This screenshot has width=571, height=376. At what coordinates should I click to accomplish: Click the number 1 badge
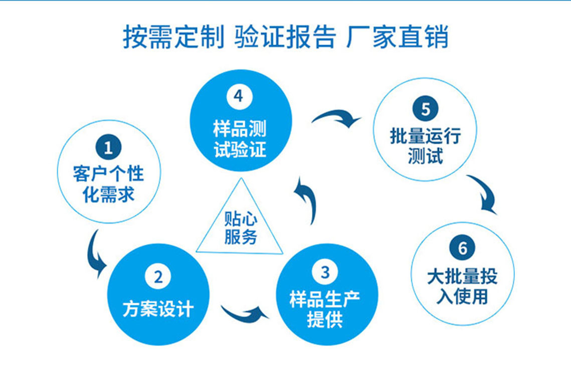[108, 147]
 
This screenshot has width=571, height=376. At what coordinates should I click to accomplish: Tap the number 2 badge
[158, 277]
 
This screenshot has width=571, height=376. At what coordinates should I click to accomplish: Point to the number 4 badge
[239, 96]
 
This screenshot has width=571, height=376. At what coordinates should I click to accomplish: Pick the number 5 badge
[425, 108]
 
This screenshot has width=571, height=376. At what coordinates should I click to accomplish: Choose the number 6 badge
[463, 248]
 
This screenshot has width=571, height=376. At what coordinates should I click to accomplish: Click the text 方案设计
[158, 309]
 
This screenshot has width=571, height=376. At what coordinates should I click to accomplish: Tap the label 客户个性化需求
[108, 183]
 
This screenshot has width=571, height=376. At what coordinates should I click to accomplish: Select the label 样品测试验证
[240, 139]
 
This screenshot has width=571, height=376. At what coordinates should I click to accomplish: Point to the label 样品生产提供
[325, 309]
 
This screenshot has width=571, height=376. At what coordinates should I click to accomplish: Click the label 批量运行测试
[425, 146]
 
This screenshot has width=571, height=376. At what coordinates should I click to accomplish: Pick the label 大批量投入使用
[463, 286]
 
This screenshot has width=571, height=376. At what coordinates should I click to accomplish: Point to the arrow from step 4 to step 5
[337, 117]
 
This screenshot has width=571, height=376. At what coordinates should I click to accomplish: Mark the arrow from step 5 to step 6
[485, 193]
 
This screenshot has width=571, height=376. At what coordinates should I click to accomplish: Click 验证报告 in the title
[285, 37]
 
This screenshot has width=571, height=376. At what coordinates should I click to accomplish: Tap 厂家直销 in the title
[398, 37]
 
